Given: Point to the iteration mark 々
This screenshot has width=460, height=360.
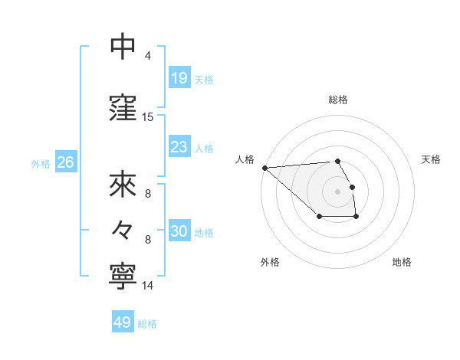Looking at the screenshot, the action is coord(123,229).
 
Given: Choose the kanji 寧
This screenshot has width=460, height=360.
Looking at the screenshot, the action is coord(123,275).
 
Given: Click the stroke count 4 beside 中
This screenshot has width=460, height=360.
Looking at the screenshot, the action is coord(148,56).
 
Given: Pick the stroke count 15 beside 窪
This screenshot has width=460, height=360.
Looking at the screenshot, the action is coord(148,117).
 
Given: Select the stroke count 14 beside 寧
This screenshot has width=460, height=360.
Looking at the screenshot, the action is coord(148,286).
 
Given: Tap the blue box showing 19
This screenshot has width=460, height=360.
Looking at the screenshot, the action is coord(179,77).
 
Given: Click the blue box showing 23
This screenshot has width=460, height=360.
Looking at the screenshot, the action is coord(179,146).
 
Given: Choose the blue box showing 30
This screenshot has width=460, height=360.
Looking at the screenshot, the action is coord(179,231).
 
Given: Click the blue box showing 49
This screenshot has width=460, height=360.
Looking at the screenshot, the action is coord(122,322).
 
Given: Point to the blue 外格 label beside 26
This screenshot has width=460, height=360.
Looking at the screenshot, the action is coord(41,163).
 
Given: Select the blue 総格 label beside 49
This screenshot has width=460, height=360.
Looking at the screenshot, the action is coord(147,324).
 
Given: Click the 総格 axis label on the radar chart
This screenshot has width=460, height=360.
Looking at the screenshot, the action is coord(338,100).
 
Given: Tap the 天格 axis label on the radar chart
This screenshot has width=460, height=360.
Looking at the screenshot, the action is coord(432,159).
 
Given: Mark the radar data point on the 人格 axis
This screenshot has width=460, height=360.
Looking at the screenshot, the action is coord(264,167).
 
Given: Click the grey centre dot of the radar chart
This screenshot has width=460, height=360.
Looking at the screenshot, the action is coord(338,191).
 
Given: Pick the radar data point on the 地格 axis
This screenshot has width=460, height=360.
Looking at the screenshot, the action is coord(356,217).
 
